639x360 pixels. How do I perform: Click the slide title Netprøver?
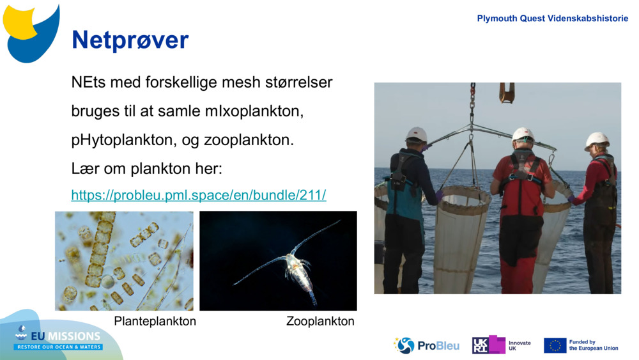(130, 40)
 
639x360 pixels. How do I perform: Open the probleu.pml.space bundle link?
(199, 195)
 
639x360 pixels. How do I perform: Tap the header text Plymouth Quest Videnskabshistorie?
(552, 19)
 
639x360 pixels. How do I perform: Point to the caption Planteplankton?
(155, 321)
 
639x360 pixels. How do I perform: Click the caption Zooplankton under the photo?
(320, 321)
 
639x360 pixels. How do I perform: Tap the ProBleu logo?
(426, 345)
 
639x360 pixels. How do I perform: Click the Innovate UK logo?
(502, 345)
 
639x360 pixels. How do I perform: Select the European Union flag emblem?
(555, 345)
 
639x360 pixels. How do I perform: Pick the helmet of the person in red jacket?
(523, 134)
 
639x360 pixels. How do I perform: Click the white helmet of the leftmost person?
(417, 134)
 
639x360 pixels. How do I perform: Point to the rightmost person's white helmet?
(597, 140)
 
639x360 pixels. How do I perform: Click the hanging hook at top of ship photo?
(507, 92)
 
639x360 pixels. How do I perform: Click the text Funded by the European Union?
(594, 345)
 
